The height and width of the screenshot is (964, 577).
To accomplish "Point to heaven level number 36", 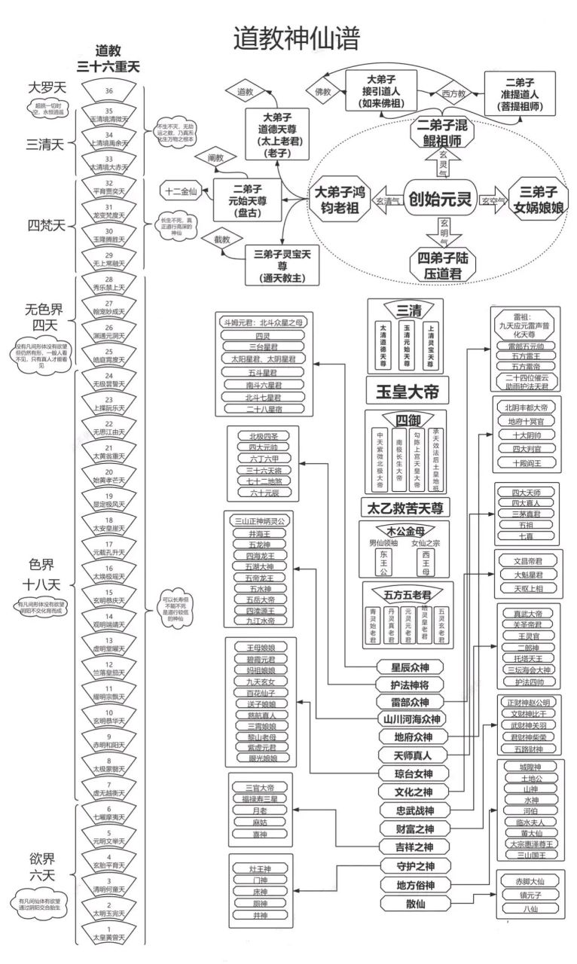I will click(x=109, y=91).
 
